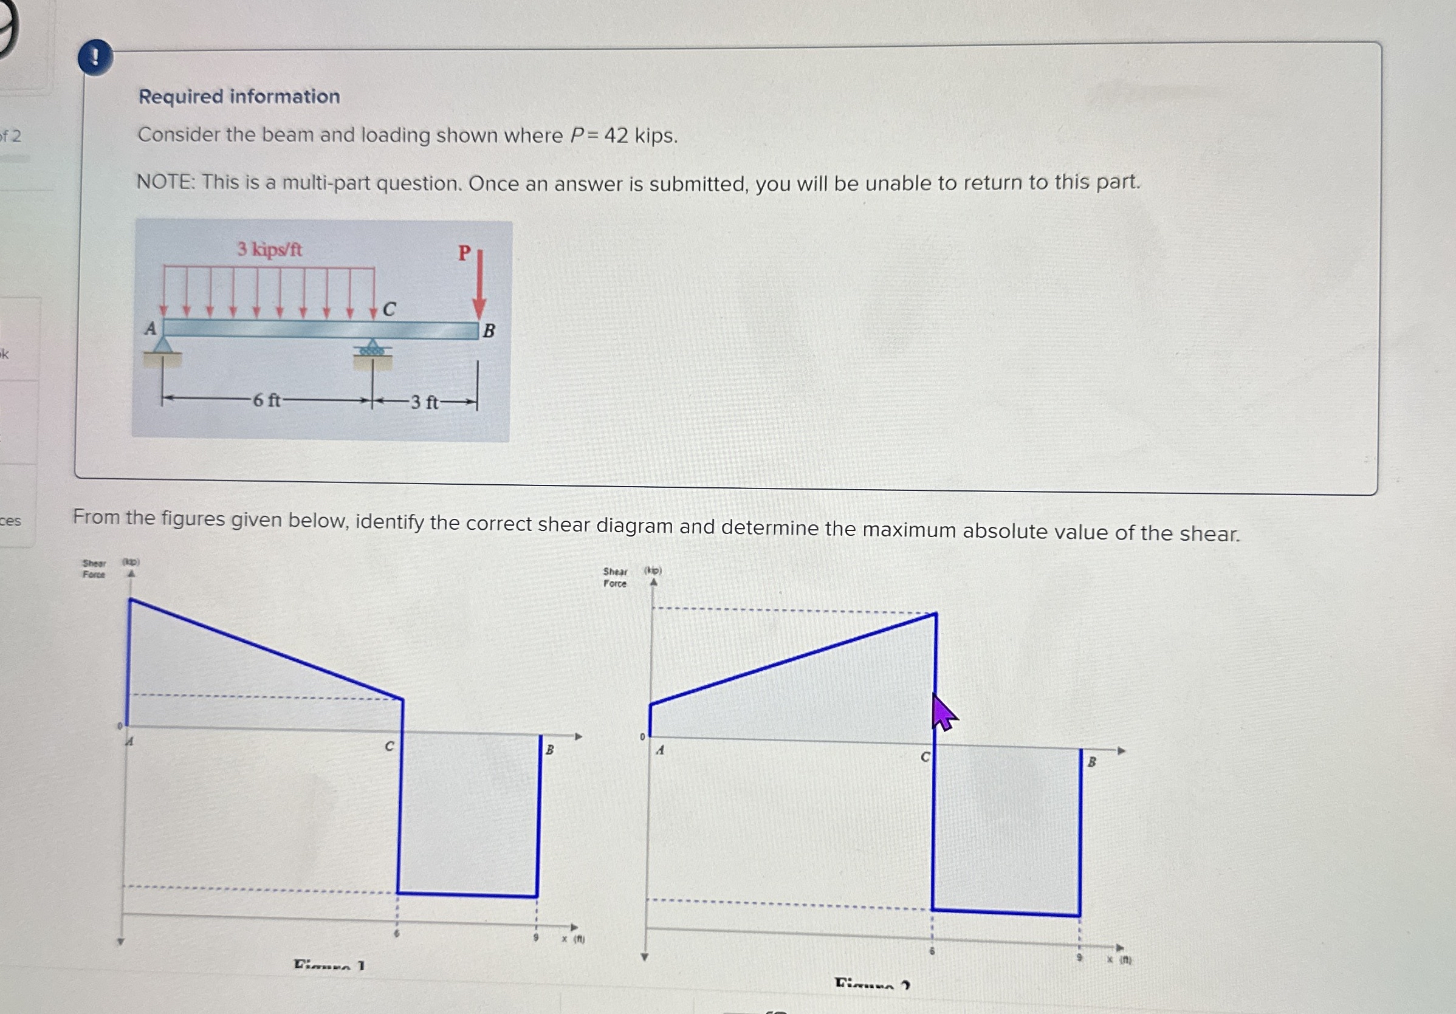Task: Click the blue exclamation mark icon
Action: point(96,58)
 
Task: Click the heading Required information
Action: point(239,97)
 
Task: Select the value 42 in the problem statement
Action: point(616,135)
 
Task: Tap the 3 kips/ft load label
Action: point(270,249)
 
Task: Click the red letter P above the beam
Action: point(465,253)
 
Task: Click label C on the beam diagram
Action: point(390,309)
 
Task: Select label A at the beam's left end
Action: point(150,329)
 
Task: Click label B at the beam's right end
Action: point(489,331)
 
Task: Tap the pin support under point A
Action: point(163,346)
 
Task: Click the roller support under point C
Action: point(373,348)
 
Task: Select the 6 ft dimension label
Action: point(266,401)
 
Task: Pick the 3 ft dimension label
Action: point(424,402)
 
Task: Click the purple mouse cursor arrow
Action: point(943,713)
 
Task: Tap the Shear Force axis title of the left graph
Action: point(94,569)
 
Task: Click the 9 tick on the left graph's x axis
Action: point(536,937)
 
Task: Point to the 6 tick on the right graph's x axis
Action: point(932,951)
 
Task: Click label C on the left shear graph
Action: point(390,747)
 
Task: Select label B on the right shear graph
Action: point(1091,762)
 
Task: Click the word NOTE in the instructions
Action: point(165,183)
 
